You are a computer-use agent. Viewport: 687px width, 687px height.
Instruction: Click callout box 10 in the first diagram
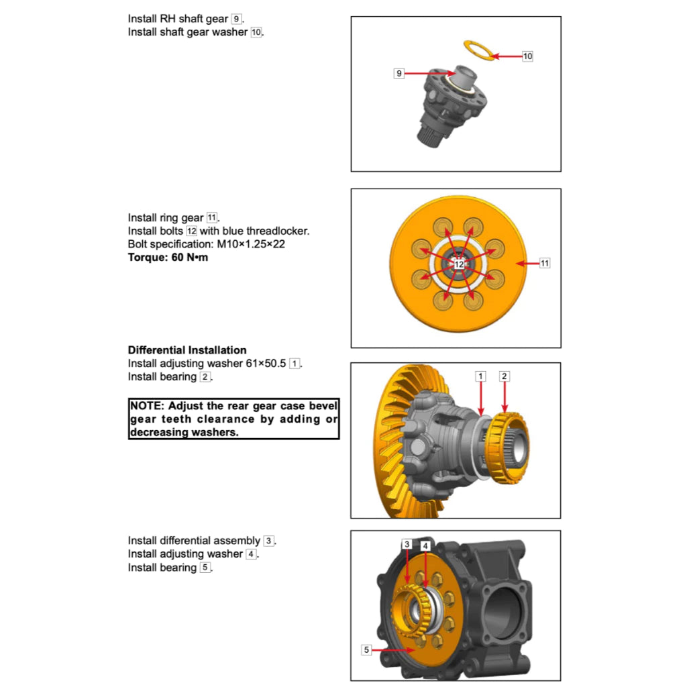click(x=527, y=56)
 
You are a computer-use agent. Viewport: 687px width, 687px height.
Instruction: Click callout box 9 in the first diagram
click(x=399, y=73)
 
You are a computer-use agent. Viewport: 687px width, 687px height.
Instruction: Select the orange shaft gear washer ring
click(x=479, y=50)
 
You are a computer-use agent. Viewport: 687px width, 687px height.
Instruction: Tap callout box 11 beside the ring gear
click(x=544, y=264)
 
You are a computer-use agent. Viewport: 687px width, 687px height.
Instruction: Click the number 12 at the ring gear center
click(x=459, y=264)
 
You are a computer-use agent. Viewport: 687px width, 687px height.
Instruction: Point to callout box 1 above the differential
click(x=480, y=376)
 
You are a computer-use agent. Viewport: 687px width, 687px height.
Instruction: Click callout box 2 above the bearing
click(x=505, y=376)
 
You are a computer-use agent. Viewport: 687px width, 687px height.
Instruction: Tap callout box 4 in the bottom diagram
click(x=425, y=546)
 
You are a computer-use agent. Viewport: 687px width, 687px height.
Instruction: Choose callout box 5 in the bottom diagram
click(x=366, y=649)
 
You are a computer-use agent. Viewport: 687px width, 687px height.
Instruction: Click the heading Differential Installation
click(x=187, y=350)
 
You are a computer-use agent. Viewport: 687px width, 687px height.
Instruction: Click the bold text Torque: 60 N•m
click(x=168, y=257)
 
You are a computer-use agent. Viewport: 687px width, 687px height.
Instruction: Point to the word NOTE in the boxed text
click(x=146, y=406)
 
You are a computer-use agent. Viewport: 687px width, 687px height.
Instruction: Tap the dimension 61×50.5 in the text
click(x=266, y=364)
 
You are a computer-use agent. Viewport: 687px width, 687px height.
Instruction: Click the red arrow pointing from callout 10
click(x=507, y=56)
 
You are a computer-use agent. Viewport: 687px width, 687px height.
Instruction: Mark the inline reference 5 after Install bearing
click(x=205, y=568)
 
